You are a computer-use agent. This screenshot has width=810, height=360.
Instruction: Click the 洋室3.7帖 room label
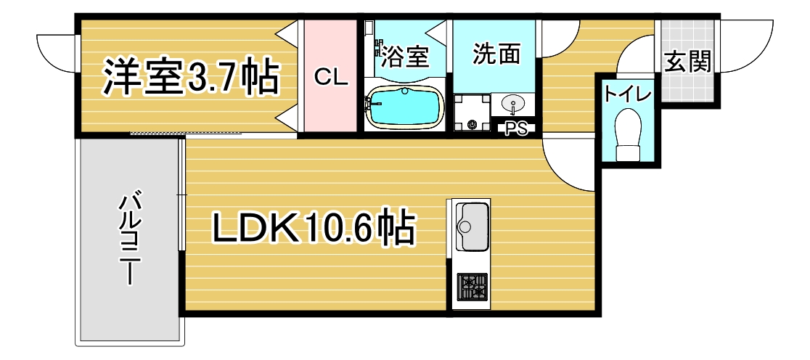click(x=191, y=78)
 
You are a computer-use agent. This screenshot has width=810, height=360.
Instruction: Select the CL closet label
click(x=332, y=78)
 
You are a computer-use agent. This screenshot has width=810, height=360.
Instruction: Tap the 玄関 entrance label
click(x=687, y=62)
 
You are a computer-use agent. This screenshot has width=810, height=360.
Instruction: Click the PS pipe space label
click(x=516, y=128)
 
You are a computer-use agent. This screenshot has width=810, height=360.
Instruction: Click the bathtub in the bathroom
click(x=404, y=107)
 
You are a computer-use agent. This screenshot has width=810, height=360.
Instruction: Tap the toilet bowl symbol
click(x=628, y=135)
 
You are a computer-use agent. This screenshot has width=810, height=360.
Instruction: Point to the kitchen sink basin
click(x=471, y=226)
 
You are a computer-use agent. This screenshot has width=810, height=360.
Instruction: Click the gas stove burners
click(x=472, y=287)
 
